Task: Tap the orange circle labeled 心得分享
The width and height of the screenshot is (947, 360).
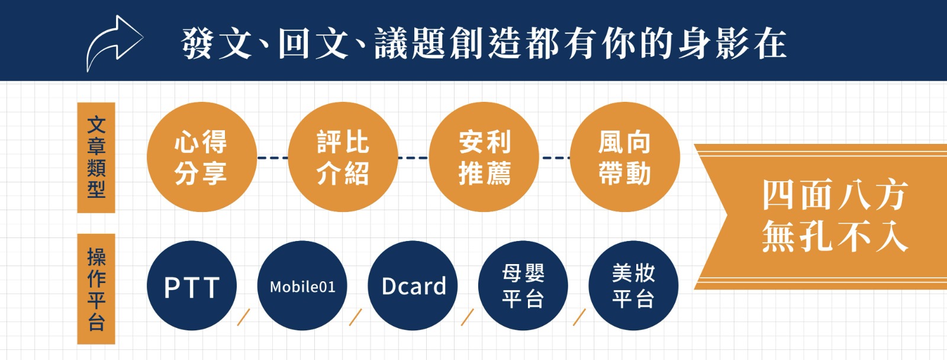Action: click(x=202, y=157)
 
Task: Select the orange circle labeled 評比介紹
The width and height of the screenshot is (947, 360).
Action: click(x=343, y=157)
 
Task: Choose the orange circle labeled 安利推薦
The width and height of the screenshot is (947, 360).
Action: click(x=484, y=157)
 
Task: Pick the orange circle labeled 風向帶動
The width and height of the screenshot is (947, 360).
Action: click(x=625, y=157)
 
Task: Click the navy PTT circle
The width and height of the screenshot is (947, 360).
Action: click(x=192, y=285)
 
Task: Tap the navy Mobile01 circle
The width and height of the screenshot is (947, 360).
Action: click(x=302, y=285)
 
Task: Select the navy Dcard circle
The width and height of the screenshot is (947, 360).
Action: click(x=413, y=285)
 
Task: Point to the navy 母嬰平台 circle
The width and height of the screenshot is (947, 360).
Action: click(x=523, y=285)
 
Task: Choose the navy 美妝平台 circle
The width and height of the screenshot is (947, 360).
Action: click(x=633, y=285)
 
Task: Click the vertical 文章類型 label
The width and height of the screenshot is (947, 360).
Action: click(x=96, y=157)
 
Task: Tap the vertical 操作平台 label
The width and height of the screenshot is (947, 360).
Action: click(x=96, y=289)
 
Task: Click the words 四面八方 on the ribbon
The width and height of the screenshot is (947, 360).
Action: click(x=835, y=195)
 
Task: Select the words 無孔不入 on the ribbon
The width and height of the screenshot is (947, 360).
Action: click(x=835, y=236)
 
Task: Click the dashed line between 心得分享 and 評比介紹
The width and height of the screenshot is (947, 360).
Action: click(x=273, y=157)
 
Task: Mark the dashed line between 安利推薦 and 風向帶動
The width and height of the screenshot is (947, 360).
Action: click(x=555, y=157)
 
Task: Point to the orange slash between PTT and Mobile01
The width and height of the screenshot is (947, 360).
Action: click(x=243, y=317)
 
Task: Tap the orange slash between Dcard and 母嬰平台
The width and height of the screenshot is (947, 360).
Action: click(x=467, y=317)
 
